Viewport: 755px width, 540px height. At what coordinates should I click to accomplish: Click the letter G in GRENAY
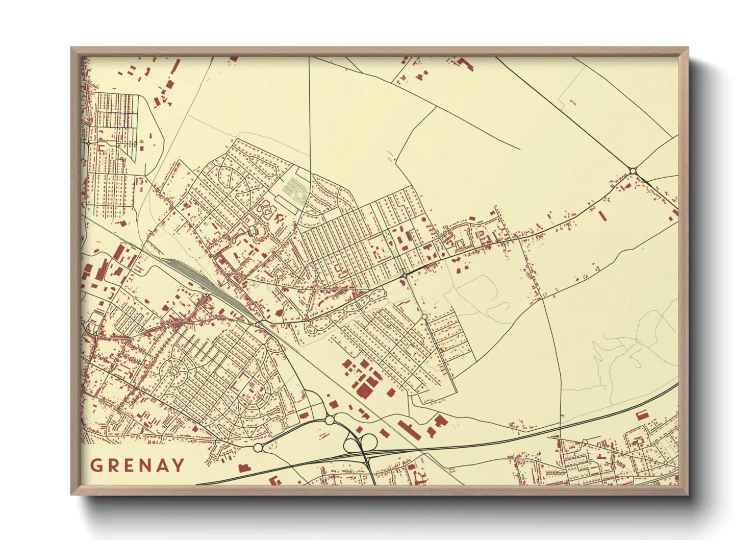[x=95, y=465]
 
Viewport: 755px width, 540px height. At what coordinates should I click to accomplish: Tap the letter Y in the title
[x=179, y=465]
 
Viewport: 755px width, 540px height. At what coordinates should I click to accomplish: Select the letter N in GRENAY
[x=144, y=465]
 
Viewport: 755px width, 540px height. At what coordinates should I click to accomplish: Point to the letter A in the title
[x=162, y=465]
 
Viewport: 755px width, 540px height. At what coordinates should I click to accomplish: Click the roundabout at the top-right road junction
[x=633, y=171]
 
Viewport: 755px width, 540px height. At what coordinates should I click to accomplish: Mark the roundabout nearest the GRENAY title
[x=258, y=448]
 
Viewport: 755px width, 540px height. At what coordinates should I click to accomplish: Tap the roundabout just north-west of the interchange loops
[x=330, y=420]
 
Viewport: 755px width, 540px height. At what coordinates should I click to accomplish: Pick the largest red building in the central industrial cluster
[x=365, y=389]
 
